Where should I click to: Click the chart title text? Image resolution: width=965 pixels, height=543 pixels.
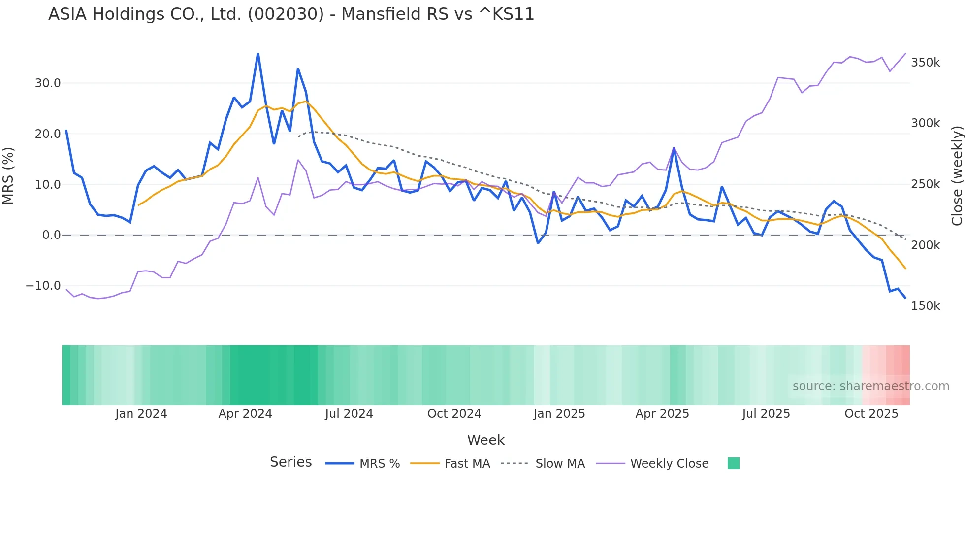point(291,14)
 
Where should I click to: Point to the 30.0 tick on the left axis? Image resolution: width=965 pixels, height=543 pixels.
point(48,83)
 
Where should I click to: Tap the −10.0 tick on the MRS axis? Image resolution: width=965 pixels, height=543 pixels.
point(43,286)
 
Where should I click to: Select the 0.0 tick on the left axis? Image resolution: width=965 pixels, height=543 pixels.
point(51,235)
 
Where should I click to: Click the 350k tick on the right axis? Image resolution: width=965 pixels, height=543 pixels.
point(925,63)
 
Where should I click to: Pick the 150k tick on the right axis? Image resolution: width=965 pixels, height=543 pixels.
point(925,306)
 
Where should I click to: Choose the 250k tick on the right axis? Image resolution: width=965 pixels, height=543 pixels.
point(925,184)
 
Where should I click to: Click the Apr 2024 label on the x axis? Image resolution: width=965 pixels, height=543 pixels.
point(245,414)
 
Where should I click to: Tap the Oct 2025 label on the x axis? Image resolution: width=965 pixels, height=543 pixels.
point(871,414)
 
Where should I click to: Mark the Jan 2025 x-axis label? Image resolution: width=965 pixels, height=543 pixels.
point(559,414)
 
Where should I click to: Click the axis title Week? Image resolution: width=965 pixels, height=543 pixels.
point(485,440)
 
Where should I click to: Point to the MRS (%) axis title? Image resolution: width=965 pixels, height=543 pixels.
point(8,176)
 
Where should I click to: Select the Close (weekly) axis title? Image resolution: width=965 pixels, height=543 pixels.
point(957,176)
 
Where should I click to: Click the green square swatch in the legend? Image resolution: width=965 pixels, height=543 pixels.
point(733,463)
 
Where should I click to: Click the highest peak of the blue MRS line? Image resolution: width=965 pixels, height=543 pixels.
point(258,54)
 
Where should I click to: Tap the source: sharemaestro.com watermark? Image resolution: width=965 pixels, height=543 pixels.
point(870,386)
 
